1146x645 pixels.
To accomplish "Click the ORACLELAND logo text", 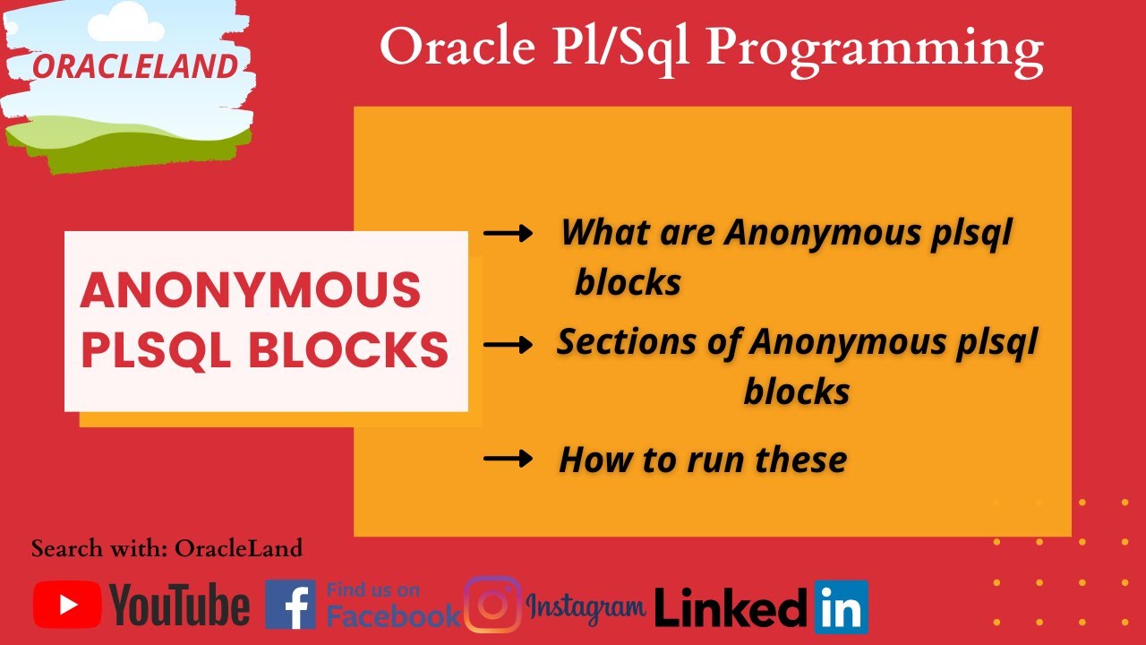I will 135,65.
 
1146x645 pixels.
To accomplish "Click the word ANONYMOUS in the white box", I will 251,289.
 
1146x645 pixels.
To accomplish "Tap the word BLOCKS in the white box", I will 348,349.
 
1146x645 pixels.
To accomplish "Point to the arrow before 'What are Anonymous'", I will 508,234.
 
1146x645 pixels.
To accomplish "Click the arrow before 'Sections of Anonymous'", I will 508,345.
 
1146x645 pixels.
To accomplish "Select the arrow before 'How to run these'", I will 508,460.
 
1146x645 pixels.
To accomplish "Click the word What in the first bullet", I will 603,233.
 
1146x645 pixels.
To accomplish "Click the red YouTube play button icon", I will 67,605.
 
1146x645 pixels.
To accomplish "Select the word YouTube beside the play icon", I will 180,605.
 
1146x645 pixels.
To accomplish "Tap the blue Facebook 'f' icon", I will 290,605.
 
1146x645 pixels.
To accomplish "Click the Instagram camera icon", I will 492,605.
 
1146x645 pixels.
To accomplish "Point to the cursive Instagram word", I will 586,606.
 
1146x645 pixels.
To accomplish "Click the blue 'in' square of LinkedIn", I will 841,606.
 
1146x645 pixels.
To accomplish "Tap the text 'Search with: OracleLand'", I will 167,548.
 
